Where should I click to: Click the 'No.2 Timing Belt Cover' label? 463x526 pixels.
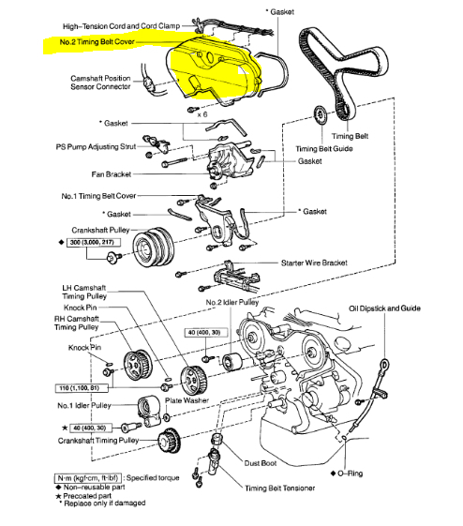pyautogui.click(x=97, y=42)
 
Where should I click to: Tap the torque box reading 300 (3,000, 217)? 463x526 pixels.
pyautogui.click(x=93, y=242)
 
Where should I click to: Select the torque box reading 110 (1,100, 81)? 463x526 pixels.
pyautogui.click(x=82, y=388)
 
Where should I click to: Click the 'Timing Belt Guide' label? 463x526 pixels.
pyautogui.click(x=324, y=148)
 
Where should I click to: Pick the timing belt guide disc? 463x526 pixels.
pyautogui.click(x=321, y=115)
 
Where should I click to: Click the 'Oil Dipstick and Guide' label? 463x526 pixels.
pyautogui.click(x=384, y=308)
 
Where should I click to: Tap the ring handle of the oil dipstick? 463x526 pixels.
pyautogui.click(x=384, y=364)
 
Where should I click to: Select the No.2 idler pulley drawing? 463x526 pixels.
pyautogui.click(x=232, y=362)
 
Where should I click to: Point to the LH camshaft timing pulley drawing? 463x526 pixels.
pyautogui.click(x=194, y=381)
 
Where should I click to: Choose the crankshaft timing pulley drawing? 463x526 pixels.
pyautogui.click(x=169, y=440)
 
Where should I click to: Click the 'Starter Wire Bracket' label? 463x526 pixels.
pyautogui.click(x=314, y=263)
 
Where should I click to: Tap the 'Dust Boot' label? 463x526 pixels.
pyautogui.click(x=261, y=463)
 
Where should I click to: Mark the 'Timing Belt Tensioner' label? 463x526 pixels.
pyautogui.click(x=280, y=488)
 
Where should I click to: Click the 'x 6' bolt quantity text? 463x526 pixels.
pyautogui.click(x=202, y=114)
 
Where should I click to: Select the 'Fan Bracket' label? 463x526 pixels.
pyautogui.click(x=112, y=174)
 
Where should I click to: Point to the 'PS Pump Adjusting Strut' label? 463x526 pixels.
pyautogui.click(x=96, y=147)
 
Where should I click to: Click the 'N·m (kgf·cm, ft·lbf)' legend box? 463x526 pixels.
pyautogui.click(x=88, y=478)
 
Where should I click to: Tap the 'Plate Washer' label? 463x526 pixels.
pyautogui.click(x=187, y=400)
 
